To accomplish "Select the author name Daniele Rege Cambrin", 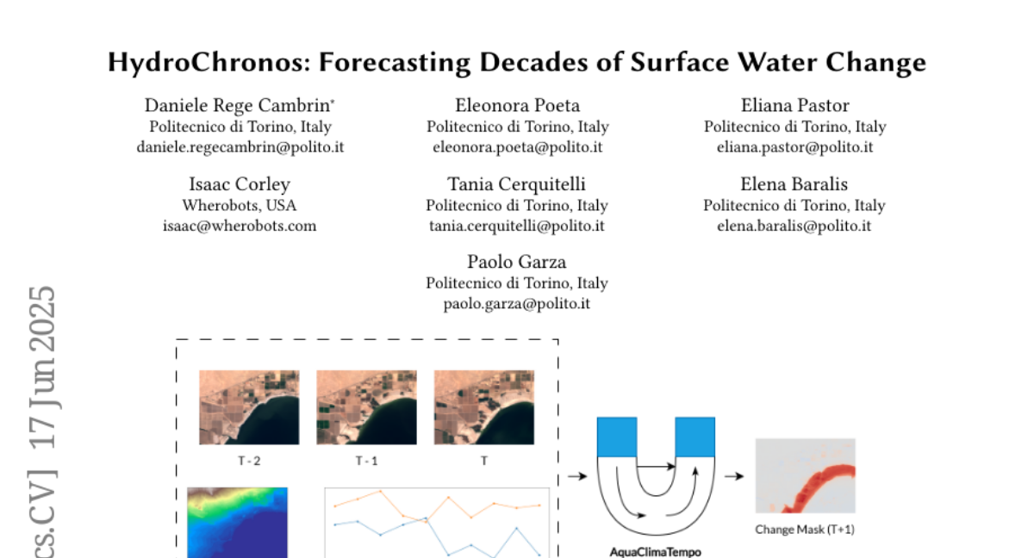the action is tap(237, 106).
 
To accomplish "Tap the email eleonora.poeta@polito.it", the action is tap(518, 147).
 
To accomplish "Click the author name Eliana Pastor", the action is tap(794, 106).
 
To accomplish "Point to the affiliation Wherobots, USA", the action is tap(240, 205).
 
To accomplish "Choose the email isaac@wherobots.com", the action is tap(240, 226).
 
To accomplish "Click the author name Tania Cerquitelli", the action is tap(516, 184).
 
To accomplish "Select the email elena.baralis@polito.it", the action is tap(794, 226).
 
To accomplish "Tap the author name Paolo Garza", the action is tap(516, 262).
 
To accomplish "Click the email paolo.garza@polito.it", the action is tap(516, 304).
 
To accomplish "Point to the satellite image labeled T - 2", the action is tap(249, 407).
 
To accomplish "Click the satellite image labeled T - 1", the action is tap(366, 407).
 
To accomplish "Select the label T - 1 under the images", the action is tap(366, 461).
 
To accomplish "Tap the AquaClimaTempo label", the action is tap(656, 552).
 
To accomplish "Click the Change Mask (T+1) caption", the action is tap(805, 530).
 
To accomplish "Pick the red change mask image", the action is tap(806, 475).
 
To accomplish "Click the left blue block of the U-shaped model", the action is tap(617, 437).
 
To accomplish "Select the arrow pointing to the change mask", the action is tap(734, 476).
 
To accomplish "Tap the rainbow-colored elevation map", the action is tap(237, 523).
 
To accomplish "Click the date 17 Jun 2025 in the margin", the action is tap(42, 368).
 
